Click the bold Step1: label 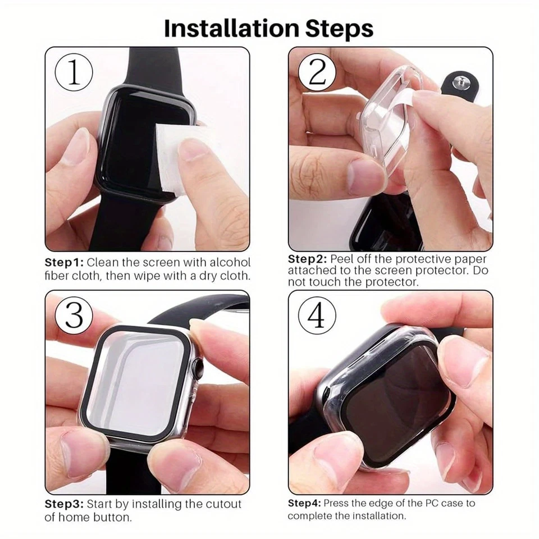(64, 263)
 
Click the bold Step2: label (307, 259)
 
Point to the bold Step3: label (64, 504)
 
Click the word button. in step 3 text (112, 517)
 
